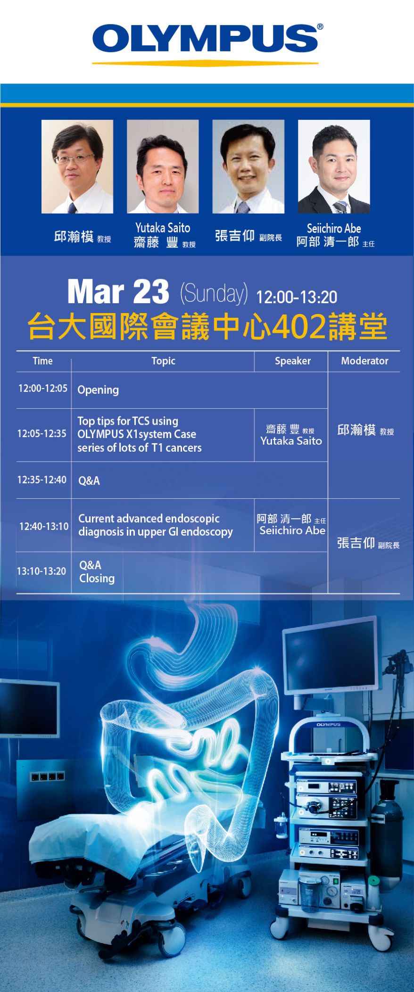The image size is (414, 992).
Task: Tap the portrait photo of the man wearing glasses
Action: (77, 166)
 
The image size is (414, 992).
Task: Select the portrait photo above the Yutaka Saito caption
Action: (163, 166)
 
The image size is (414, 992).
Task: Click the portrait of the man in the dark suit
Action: (334, 166)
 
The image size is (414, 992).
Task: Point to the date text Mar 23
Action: (118, 292)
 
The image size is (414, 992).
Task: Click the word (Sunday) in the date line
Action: (214, 293)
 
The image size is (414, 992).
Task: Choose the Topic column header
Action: (163, 361)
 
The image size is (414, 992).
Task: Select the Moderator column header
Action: (364, 361)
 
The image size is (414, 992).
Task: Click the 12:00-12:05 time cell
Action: (43, 389)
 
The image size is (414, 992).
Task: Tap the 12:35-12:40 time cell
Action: (42, 480)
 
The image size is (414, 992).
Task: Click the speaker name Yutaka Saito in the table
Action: (291, 441)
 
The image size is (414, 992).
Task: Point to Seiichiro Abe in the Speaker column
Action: (292, 530)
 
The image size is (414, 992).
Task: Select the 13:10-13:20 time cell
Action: (41, 571)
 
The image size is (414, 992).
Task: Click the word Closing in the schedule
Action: (97, 579)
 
